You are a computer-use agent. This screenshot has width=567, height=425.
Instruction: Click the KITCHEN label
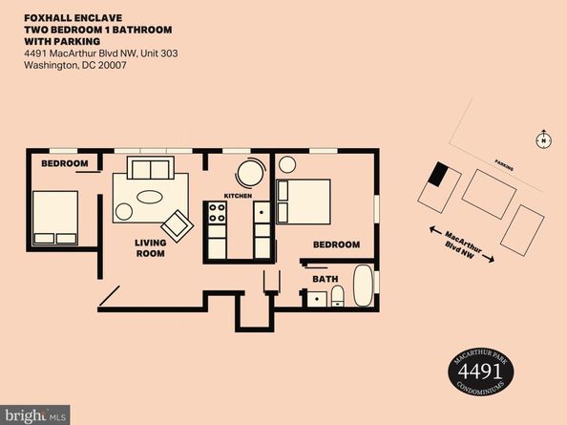[x=238, y=196]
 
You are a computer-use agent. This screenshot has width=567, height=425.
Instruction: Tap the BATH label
[x=325, y=279]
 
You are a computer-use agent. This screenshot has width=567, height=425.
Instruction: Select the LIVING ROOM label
[x=151, y=248]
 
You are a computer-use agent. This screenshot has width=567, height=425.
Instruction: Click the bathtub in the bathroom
[x=363, y=287]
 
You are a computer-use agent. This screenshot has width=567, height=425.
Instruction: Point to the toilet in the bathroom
[x=337, y=296]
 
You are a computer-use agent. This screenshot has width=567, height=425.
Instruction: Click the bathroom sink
[x=317, y=299]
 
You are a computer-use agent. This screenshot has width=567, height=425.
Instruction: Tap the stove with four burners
[x=218, y=213]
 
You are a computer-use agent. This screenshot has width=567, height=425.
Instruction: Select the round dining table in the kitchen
[x=250, y=173]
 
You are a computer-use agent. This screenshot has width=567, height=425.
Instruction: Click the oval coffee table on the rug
[x=149, y=197]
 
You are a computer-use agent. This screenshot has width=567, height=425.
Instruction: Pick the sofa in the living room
[x=151, y=167]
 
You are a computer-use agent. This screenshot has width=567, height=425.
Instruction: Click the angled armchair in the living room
[x=178, y=226]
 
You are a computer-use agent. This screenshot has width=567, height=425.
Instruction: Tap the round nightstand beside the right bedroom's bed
[x=287, y=164]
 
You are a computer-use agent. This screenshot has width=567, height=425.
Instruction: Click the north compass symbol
[x=543, y=139]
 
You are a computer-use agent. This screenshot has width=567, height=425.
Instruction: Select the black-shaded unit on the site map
[x=438, y=174]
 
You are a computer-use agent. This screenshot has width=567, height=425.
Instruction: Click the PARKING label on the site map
[x=504, y=165]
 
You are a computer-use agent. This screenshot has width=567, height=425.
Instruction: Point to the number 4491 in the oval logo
[x=480, y=371]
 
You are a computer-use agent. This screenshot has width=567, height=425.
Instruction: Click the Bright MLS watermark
[x=35, y=415]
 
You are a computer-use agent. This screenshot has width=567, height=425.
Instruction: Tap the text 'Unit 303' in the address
[x=159, y=53]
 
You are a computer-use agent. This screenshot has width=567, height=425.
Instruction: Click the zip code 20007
[x=112, y=65]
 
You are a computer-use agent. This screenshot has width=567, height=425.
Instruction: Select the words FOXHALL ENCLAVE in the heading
[x=73, y=18]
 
